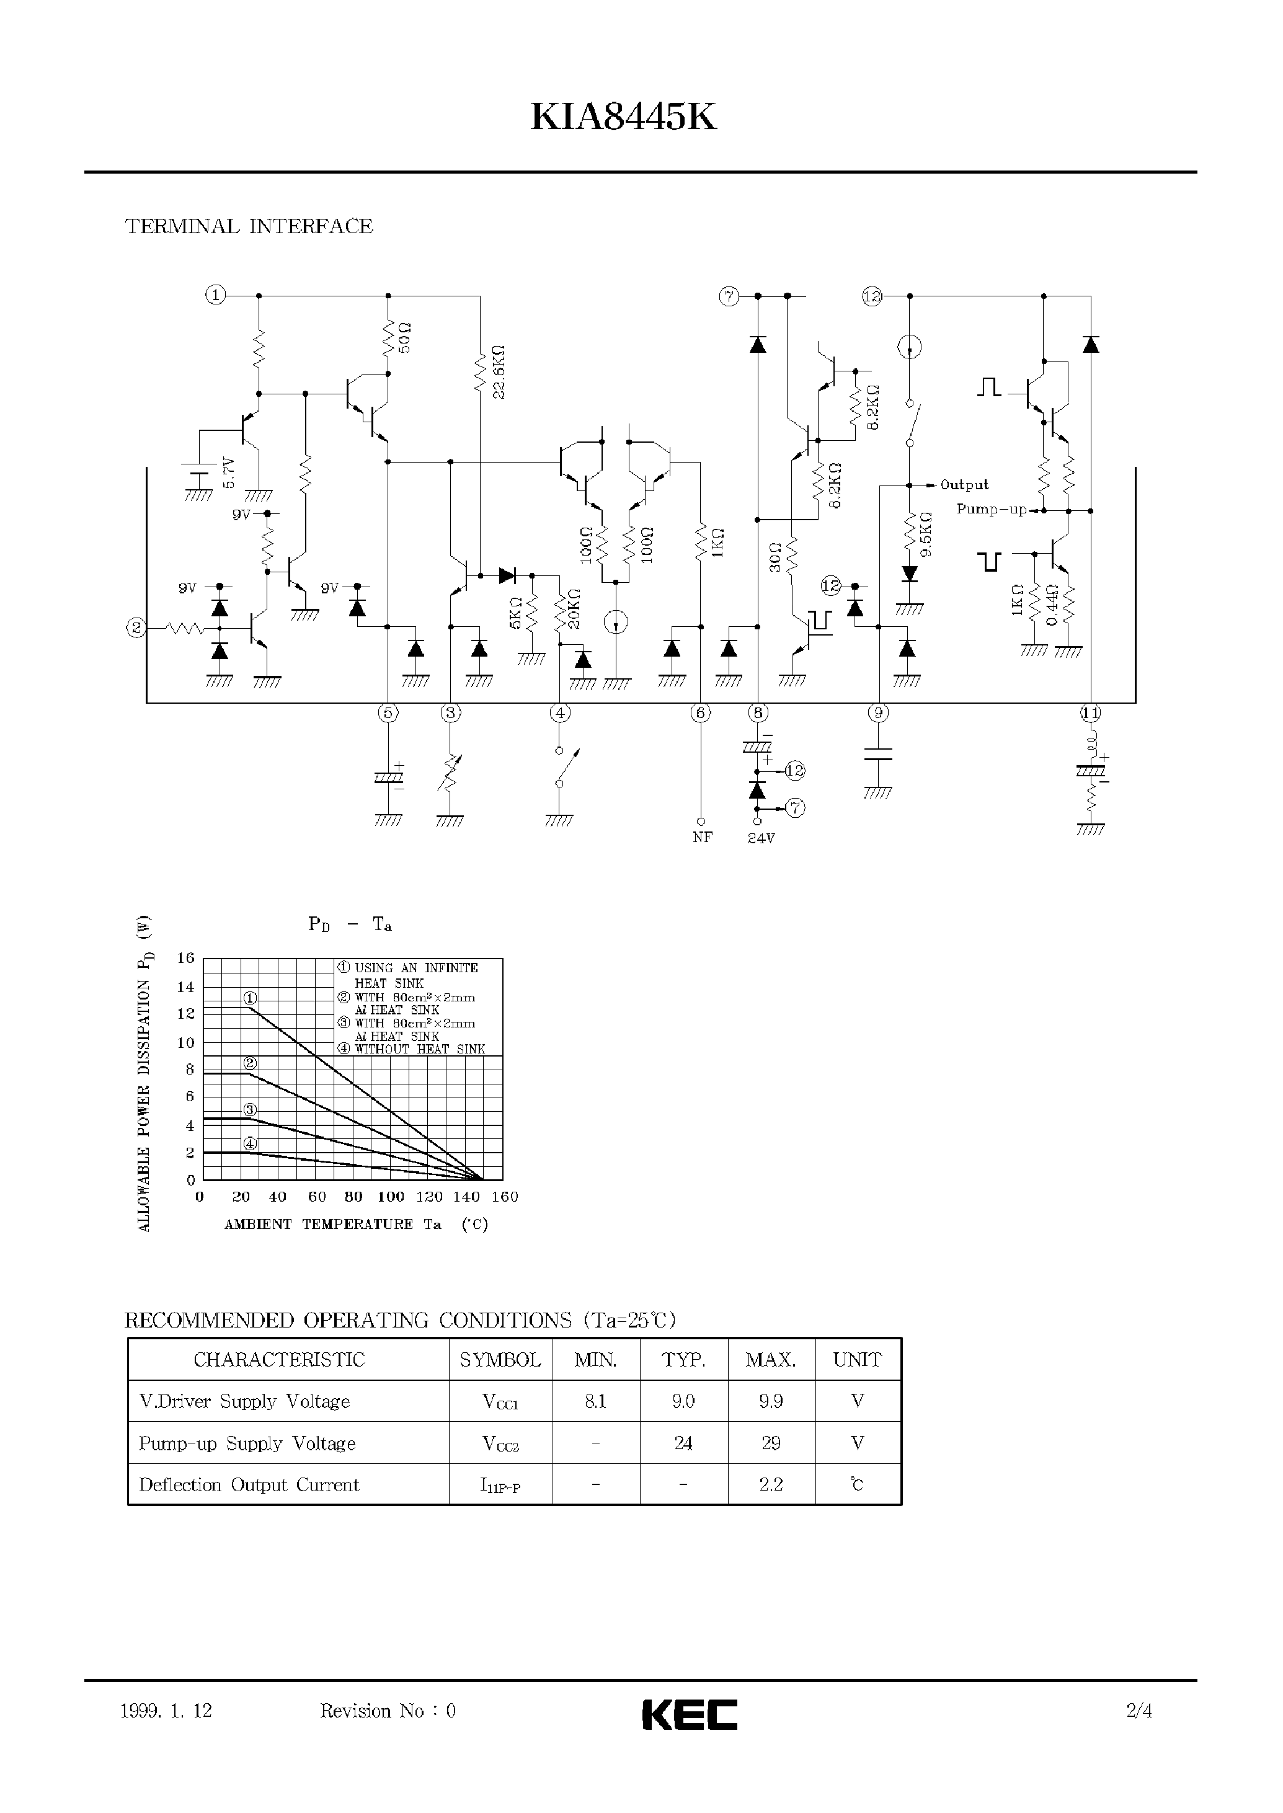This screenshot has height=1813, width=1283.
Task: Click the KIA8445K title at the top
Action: point(623,118)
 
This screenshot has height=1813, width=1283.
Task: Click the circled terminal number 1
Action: point(216,296)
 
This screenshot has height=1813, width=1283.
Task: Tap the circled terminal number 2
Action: point(136,628)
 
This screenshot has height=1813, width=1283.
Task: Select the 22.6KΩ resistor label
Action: point(498,371)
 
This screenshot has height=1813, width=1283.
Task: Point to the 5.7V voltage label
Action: point(228,472)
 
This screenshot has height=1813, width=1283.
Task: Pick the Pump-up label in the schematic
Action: point(991,510)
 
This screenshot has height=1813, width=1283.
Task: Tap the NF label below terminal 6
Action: point(701,838)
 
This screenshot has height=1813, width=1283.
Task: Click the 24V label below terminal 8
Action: point(761,838)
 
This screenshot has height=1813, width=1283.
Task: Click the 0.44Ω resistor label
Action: point(1052,605)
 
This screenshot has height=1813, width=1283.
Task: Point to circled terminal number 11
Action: point(1090,713)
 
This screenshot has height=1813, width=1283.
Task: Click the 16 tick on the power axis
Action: point(185,958)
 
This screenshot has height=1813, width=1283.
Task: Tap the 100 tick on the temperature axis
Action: point(390,1197)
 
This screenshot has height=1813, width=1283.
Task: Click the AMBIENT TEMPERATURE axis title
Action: point(332,1225)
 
